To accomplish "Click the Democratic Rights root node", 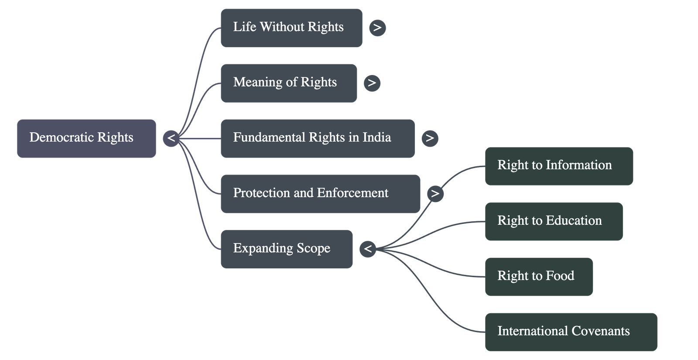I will pyautogui.click(x=86, y=138).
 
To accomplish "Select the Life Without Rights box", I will pyautogui.click(x=291, y=28).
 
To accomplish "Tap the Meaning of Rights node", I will pyautogui.click(x=288, y=83).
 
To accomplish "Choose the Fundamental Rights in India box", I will pyautogui.click(x=317, y=138).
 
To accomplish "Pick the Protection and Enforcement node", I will pyautogui.click(x=320, y=194).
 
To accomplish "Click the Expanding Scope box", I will pyautogui.click(x=286, y=249).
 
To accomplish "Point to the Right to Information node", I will pyautogui.click(x=558, y=166).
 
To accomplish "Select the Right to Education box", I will pyautogui.click(x=553, y=221).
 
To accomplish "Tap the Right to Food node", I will pyautogui.click(x=538, y=277).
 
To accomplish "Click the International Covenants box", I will pyautogui.click(x=571, y=332).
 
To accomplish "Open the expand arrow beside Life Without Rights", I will pyautogui.click(x=377, y=28).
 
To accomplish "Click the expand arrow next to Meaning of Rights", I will pyautogui.click(x=372, y=83).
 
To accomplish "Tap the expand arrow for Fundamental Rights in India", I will pyautogui.click(x=430, y=138).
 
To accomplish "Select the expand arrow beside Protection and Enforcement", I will pyautogui.click(x=435, y=194).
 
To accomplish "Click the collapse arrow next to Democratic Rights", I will pyautogui.click(x=171, y=139).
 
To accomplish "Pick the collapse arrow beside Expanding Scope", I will pyautogui.click(x=368, y=249).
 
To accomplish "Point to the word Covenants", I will pyautogui.click(x=600, y=331).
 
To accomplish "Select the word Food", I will pyautogui.click(x=560, y=276).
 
